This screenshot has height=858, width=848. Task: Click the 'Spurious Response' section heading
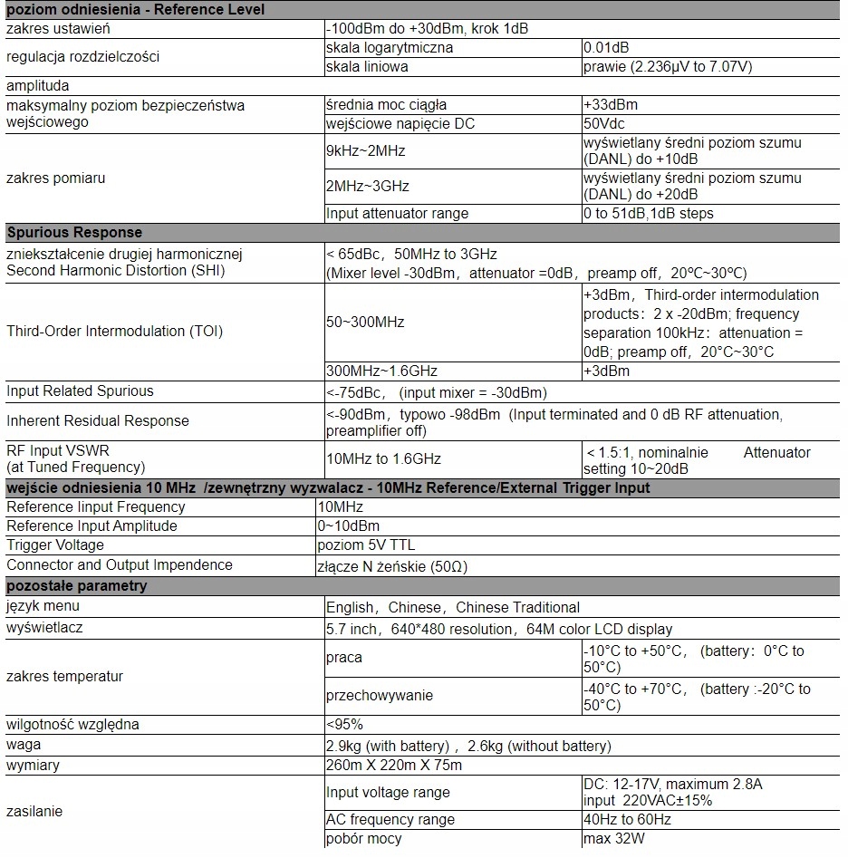pyautogui.click(x=74, y=232)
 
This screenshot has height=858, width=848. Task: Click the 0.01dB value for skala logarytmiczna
pyautogui.click(x=607, y=47)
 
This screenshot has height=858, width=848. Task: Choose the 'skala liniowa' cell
pyautogui.click(x=367, y=66)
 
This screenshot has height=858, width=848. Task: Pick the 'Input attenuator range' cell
pyautogui.click(x=397, y=213)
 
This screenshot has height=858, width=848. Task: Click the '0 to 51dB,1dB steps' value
pyautogui.click(x=649, y=213)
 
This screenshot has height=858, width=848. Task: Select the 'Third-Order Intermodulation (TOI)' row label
pyautogui.click(x=114, y=331)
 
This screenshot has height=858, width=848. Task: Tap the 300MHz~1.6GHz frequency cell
pyautogui.click(x=381, y=371)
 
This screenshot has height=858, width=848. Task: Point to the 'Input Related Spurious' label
pyautogui.click(x=80, y=390)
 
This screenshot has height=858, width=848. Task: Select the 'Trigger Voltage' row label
pyautogui.click(x=55, y=545)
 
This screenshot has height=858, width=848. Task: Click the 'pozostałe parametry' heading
pyautogui.click(x=76, y=585)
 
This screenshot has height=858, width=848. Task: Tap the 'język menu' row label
pyautogui.click(x=43, y=606)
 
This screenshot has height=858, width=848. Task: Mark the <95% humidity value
pyautogui.click(x=344, y=724)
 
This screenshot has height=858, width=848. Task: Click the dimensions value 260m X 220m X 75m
pyautogui.click(x=394, y=766)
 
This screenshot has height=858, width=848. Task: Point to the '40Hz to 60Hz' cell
pyautogui.click(x=627, y=819)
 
